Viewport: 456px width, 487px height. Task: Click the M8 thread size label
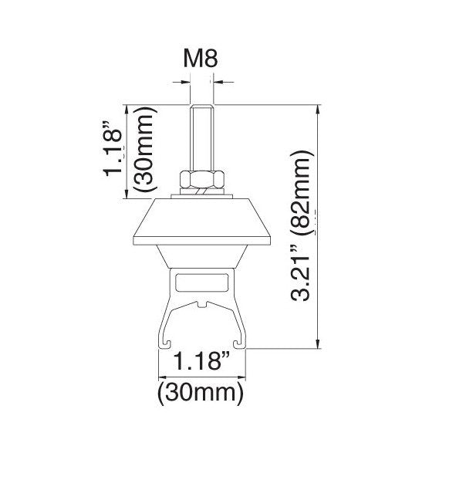tap(201, 58)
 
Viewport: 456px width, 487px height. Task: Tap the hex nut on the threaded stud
tap(202, 180)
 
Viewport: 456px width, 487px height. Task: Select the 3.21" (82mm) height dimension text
tap(300, 226)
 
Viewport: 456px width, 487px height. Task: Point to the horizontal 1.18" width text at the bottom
tap(201, 361)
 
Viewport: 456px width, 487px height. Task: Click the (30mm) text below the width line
tap(201, 393)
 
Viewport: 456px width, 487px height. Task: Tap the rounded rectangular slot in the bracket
tap(202, 283)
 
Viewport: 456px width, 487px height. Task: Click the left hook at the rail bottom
tap(167, 343)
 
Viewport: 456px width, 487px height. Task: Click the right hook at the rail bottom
tap(238, 343)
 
